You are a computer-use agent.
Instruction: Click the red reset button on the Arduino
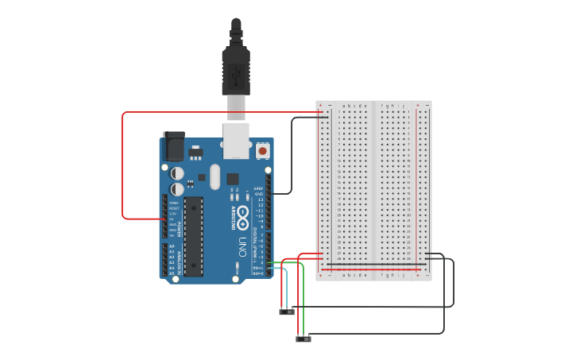(262, 149)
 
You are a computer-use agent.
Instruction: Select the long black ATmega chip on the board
(193, 235)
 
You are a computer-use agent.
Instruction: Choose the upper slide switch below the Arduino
(287, 312)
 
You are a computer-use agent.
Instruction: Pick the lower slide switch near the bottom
(303, 339)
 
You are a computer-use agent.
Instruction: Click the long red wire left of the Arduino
(123, 167)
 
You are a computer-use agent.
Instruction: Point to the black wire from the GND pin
(292, 159)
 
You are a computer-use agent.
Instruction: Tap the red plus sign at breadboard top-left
(321, 105)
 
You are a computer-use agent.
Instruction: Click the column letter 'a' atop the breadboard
(343, 106)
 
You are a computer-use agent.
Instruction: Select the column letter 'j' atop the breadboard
(404, 106)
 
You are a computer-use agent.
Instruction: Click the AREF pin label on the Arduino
(258, 189)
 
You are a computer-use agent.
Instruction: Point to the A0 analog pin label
(172, 246)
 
